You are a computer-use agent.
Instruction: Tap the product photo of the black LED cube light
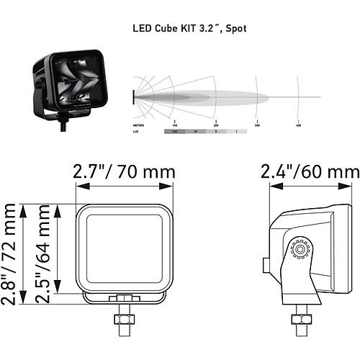click(65, 84)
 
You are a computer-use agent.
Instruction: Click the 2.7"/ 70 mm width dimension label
click(125, 173)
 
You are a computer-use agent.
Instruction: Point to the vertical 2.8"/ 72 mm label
click(9, 253)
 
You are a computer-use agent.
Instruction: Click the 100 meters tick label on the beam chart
click(175, 125)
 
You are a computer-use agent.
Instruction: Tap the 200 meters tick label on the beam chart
click(216, 125)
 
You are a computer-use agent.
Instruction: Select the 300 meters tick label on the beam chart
click(257, 125)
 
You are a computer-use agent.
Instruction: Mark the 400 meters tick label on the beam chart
click(298, 125)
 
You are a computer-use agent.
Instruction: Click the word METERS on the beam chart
click(140, 125)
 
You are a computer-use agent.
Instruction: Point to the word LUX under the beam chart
click(137, 132)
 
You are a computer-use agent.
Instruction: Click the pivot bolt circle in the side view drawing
click(296, 251)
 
